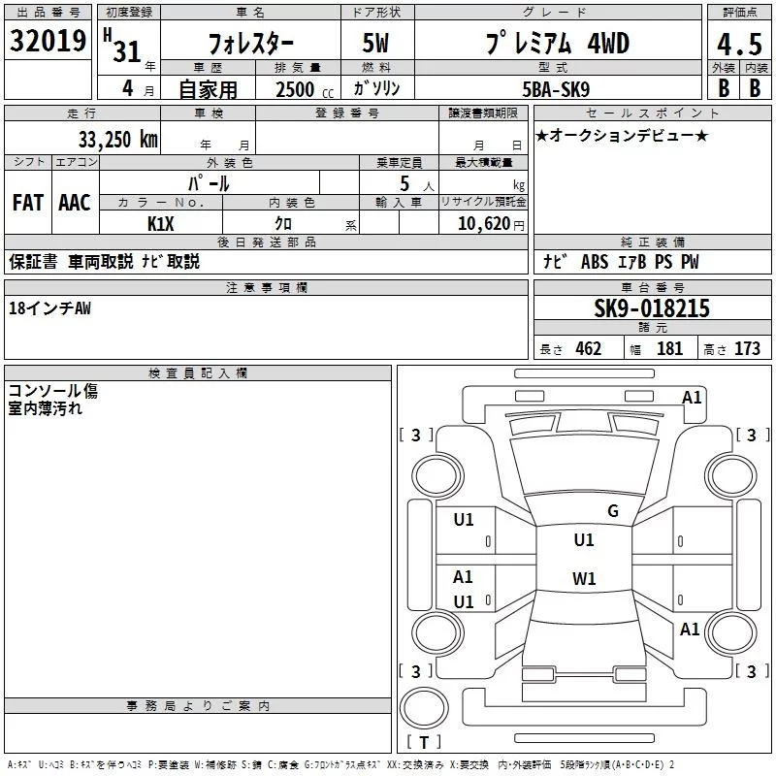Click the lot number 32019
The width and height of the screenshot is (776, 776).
48,41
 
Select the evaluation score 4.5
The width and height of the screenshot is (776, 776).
738,45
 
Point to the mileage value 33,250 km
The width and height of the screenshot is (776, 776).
117,140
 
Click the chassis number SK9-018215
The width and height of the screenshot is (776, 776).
652,308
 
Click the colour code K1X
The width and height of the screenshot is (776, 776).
161,223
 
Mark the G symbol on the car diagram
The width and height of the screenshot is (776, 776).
612,511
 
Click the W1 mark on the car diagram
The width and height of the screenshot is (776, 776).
583,579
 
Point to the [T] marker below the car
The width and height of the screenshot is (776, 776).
424,742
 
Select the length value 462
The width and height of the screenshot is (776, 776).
589,349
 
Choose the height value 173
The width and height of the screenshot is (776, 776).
747,349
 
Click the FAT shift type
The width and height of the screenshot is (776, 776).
28,203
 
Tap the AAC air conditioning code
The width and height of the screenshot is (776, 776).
75,203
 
